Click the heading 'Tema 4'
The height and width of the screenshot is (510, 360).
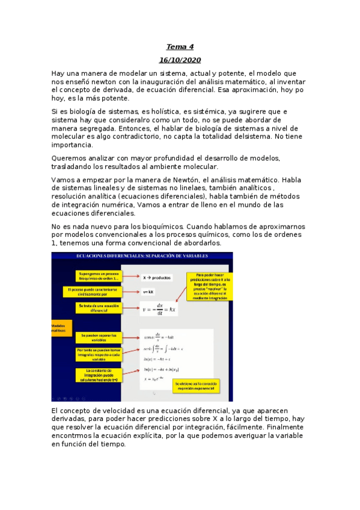pyautogui.click(x=180, y=47)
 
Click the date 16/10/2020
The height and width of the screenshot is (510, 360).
pyautogui.click(x=180, y=60)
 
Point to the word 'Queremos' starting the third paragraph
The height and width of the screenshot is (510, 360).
pyautogui.click(x=70, y=158)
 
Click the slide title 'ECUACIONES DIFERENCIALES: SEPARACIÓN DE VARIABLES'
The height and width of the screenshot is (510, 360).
pyautogui.click(x=142, y=256)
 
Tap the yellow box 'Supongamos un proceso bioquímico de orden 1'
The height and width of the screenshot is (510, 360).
pyautogui.click(x=99, y=275)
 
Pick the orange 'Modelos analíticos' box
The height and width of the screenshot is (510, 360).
pyautogui.click(x=60, y=328)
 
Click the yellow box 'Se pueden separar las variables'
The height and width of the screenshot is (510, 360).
pyautogui.click(x=99, y=337)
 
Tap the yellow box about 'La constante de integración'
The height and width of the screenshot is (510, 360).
pyautogui.click(x=99, y=375)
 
